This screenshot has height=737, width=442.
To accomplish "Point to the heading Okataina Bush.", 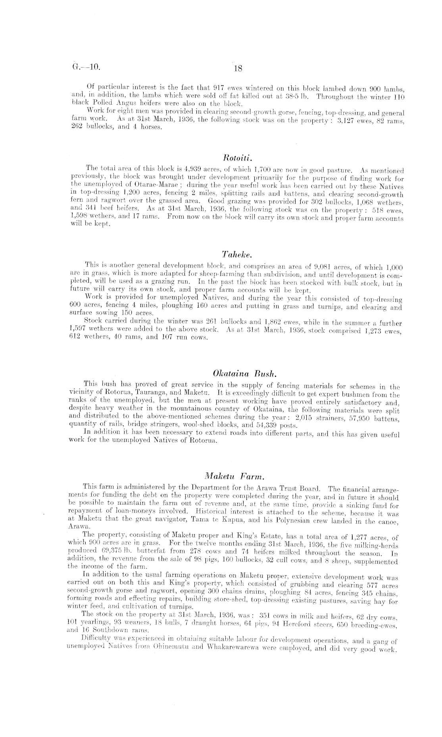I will tap(244, 374).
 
